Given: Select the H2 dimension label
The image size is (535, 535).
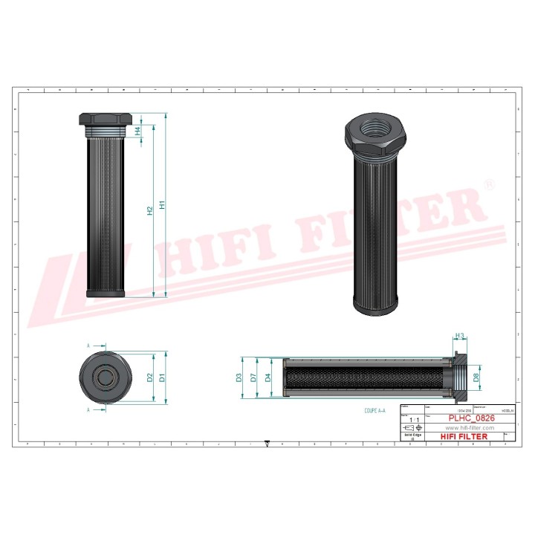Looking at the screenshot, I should click(x=150, y=210).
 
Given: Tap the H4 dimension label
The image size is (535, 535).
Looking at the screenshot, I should click(x=137, y=132).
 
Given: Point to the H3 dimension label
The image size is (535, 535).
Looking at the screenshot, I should click(x=459, y=337).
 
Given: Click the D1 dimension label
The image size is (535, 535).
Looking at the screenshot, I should click(x=161, y=377).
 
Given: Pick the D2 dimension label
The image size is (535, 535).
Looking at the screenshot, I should click(x=150, y=377).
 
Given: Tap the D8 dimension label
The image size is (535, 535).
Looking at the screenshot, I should click(x=476, y=377).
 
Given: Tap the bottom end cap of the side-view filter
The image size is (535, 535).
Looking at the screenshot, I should click(x=106, y=294).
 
